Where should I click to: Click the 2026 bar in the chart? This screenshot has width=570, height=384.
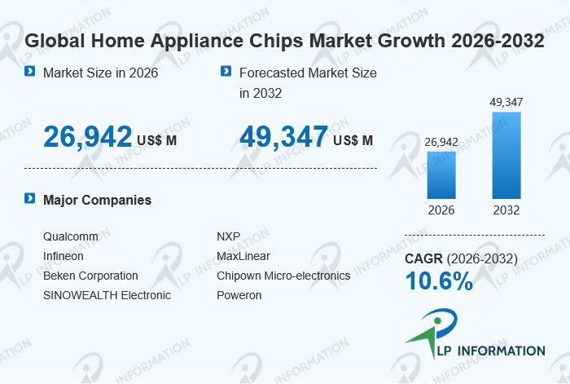click(x=441, y=175)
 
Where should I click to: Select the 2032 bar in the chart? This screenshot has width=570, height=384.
click(x=506, y=156)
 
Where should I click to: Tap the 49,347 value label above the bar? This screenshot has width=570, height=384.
click(x=506, y=102)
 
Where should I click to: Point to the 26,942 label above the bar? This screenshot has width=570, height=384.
click(x=441, y=142)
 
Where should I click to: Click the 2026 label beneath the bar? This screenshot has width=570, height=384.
click(x=441, y=210)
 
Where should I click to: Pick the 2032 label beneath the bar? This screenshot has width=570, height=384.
click(x=506, y=210)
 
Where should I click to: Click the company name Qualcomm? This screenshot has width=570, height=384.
click(x=71, y=236)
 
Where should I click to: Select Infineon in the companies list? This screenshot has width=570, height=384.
click(x=64, y=256)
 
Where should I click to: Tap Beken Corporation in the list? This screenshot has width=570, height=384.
click(x=90, y=276)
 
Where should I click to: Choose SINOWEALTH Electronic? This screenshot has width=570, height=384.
click(x=107, y=295)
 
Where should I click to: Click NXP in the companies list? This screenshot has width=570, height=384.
click(x=228, y=236)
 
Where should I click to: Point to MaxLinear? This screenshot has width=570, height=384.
click(x=243, y=256)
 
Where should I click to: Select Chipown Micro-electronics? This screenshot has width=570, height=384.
click(x=283, y=276)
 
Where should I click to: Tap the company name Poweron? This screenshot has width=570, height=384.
click(x=239, y=295)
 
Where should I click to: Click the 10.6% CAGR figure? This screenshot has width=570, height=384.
click(x=439, y=281)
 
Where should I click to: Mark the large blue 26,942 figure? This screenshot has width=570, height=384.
click(x=88, y=137)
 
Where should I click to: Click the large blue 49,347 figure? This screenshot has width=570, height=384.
click(x=284, y=137)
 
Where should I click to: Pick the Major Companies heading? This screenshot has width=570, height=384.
click(x=97, y=201)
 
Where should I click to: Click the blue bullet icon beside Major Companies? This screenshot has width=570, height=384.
click(x=30, y=198)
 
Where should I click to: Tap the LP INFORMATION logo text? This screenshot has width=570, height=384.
click(x=491, y=351)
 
